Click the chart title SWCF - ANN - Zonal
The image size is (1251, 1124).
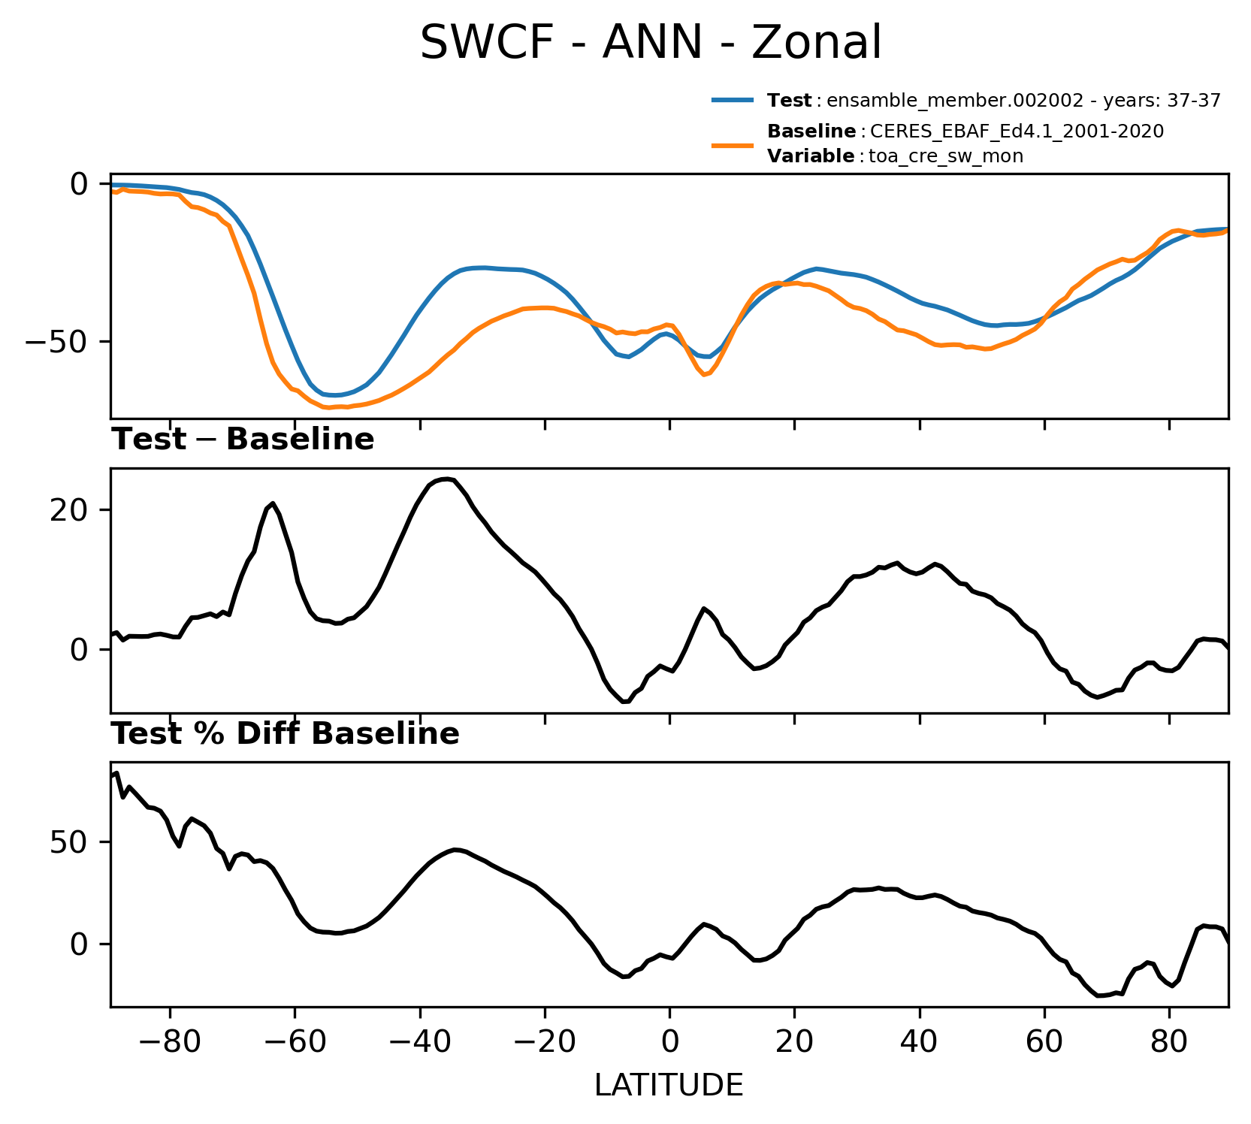pyautogui.click(x=650, y=43)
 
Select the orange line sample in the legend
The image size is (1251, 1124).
pyautogui.click(x=733, y=144)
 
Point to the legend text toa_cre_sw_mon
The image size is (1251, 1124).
pyautogui.click(x=946, y=157)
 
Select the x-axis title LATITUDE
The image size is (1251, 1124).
pyautogui.click(x=669, y=1086)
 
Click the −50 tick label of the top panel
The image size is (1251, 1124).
pyautogui.click(x=57, y=341)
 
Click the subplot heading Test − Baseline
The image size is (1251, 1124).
pyautogui.click(x=243, y=440)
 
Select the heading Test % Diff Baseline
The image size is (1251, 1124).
pyautogui.click(x=286, y=734)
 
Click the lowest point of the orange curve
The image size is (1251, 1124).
pyautogui.click(x=328, y=408)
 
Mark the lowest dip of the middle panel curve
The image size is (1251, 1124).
pyautogui.click(x=624, y=702)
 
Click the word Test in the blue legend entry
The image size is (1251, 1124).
pyautogui.click(x=789, y=101)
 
